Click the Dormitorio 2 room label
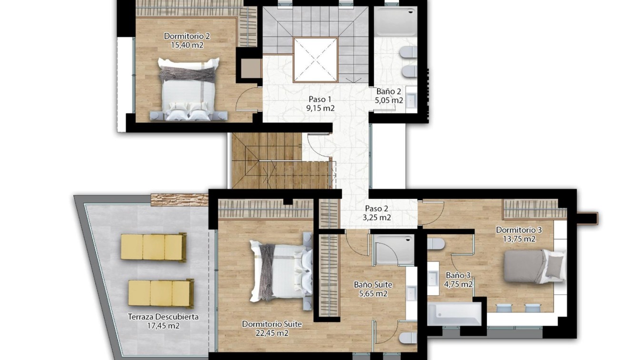pos(187,36)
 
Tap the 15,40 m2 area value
pos(187,45)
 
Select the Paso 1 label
pos(320,99)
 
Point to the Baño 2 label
pos(389,91)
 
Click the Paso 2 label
pos(377,209)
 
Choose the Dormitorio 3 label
pos(519,230)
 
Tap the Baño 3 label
pos(458,275)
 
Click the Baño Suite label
pos(373,285)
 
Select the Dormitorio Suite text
pos(272,324)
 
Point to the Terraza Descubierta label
pos(163,317)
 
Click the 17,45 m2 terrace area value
pos(163,326)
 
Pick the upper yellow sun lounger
pos(153,247)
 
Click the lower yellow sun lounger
pos(161,293)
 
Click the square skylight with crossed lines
pos(315,60)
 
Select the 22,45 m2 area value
pos(272,333)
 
